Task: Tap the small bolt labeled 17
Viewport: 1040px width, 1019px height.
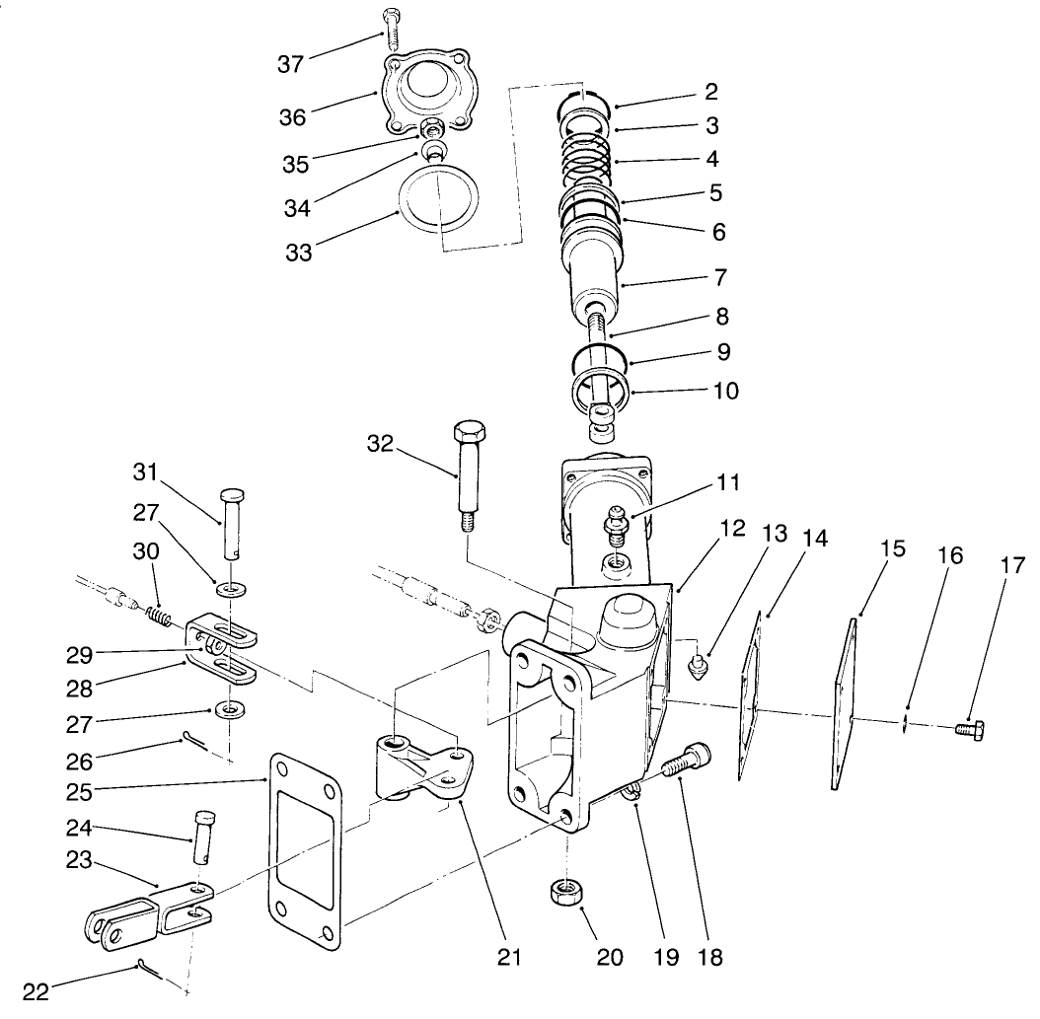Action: (972, 730)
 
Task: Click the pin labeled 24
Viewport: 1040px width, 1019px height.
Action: (202, 835)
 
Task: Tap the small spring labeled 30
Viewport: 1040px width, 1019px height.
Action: (160, 619)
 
